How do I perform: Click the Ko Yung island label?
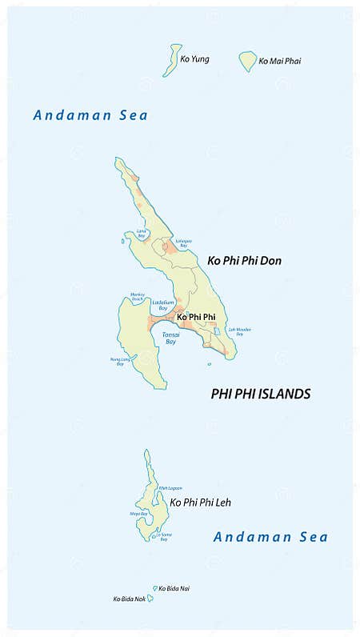[x=194, y=59]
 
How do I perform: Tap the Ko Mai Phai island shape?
[x=248, y=61]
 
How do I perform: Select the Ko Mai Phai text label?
[x=280, y=61]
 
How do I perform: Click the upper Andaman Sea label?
[x=90, y=115]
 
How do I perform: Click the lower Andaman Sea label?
[x=270, y=537]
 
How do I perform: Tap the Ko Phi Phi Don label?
[x=244, y=261]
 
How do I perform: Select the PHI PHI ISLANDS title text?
[x=260, y=394]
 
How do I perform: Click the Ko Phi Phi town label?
[x=196, y=317]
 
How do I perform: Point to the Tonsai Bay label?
[x=170, y=338]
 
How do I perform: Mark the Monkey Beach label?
[x=138, y=297]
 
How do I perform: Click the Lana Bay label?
[x=142, y=233]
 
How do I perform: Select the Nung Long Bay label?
[x=118, y=361]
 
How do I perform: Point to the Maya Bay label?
[x=138, y=514]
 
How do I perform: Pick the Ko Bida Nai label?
[x=174, y=588]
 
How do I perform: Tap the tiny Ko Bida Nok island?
[x=150, y=598]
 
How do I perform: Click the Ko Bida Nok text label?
[x=129, y=599]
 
